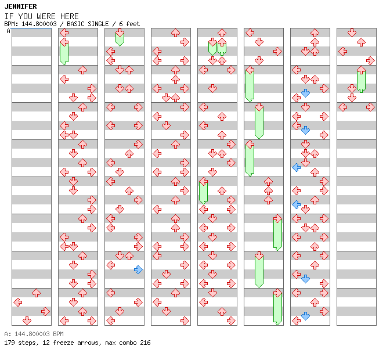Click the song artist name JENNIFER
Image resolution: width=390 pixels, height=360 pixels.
point(21,6)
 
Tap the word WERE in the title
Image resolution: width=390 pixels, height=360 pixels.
point(46,16)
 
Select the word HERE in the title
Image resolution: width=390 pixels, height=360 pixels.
point(70,16)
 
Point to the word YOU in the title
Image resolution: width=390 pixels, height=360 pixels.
point(25,16)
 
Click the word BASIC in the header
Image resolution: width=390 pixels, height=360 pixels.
point(75,24)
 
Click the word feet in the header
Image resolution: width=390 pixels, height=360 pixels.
point(133,24)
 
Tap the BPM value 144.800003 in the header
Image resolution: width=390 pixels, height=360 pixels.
point(39,24)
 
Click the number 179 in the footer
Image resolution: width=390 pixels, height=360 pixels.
point(9,343)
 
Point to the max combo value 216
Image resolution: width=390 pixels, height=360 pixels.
point(145,343)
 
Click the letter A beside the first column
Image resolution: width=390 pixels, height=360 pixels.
point(9,31)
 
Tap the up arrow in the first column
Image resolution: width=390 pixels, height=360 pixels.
point(37,293)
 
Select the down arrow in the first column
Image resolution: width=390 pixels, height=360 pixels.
point(27,321)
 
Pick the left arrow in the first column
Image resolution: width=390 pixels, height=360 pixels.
point(17,303)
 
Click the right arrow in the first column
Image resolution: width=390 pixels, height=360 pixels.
point(45,311)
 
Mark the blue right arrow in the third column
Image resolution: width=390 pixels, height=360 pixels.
point(138,269)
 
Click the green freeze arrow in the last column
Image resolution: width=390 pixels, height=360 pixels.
point(361,79)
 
